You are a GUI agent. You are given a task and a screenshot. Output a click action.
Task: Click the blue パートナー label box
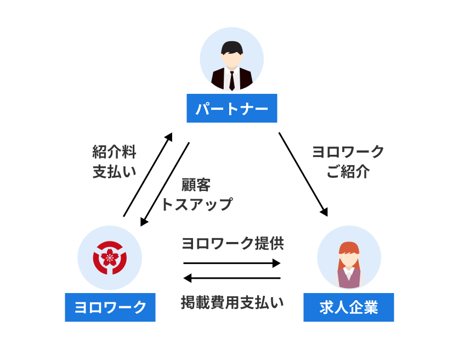(x=231, y=109)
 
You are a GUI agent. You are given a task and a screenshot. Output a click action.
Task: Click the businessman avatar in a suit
(x=231, y=59)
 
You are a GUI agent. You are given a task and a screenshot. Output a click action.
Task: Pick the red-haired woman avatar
(x=349, y=257)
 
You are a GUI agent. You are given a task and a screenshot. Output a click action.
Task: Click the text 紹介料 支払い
(x=114, y=161)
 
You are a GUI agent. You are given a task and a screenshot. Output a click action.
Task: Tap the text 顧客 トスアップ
(x=196, y=194)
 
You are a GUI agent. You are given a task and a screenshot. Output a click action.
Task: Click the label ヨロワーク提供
(x=233, y=243)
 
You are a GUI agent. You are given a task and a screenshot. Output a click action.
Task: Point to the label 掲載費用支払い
(x=233, y=302)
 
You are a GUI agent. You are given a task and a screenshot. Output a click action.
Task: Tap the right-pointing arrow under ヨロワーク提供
(x=231, y=263)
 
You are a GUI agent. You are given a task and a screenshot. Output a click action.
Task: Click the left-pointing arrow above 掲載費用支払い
(x=231, y=278)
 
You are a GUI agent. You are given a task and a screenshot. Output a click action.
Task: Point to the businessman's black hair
(x=231, y=47)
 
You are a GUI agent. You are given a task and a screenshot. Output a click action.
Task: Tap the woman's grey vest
(x=348, y=277)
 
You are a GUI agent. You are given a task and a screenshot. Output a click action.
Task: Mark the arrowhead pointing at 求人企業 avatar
(x=326, y=211)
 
